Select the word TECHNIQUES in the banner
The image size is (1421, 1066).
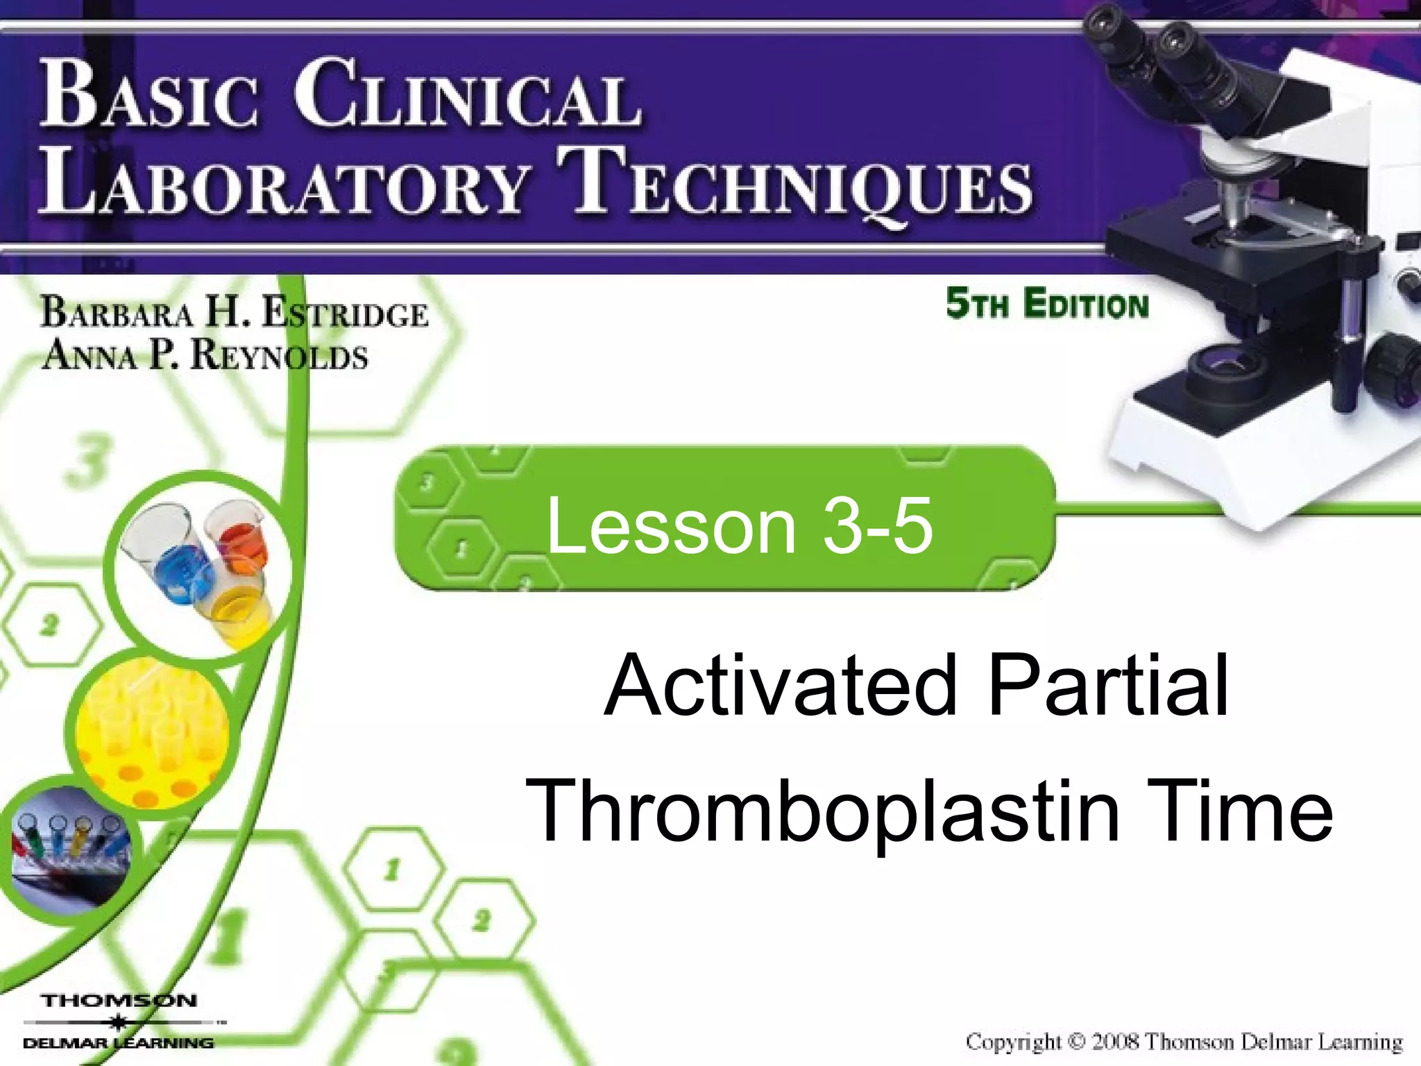pos(798,183)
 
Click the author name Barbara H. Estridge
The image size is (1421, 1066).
pos(235,313)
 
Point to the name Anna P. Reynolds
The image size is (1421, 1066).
pos(205,355)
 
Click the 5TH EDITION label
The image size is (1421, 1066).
pos(1047,305)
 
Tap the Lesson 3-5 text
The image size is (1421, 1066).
pos(739,526)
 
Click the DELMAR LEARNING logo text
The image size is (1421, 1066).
pos(118,1043)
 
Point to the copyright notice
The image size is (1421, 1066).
pos(1184,1042)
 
